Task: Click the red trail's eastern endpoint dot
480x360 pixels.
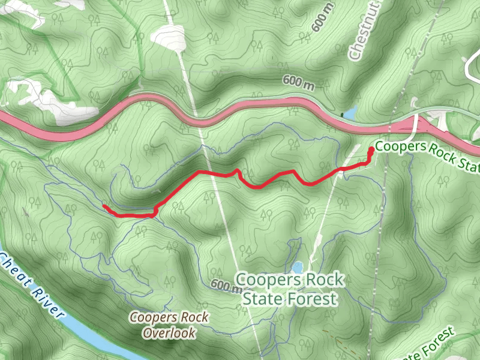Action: point(371,149)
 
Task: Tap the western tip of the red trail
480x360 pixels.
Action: point(104,206)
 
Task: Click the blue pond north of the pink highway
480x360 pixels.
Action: point(349,112)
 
